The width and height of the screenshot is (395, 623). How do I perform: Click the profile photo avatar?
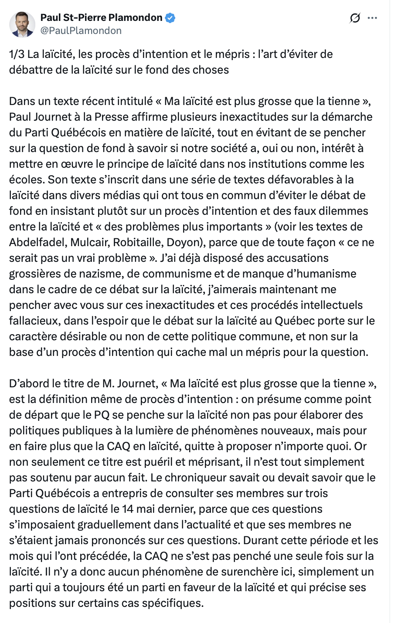pos(22,24)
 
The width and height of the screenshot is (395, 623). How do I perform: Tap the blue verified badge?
pos(170,18)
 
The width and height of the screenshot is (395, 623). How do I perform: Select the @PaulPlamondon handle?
pos(81,30)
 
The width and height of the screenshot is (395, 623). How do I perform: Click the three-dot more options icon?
pos(372,18)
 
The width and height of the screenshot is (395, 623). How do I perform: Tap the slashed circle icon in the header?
pos(355,18)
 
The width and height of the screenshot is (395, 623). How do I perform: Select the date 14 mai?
pos(137,509)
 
